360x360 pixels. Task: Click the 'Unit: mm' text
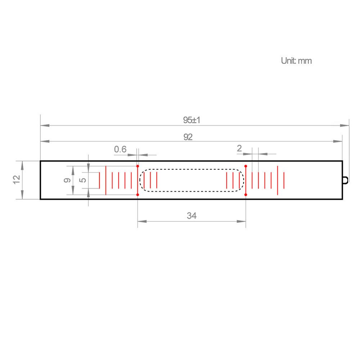coord(296,61)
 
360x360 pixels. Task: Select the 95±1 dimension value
coord(191,120)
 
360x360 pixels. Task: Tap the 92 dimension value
coord(188,137)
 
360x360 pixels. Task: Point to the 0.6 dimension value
coord(120,149)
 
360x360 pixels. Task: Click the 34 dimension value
coord(192,216)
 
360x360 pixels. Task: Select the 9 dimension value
coord(67,180)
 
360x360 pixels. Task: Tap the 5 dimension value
coord(83,180)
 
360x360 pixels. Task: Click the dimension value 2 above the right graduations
coord(239,148)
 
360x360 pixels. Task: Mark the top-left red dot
coord(138,166)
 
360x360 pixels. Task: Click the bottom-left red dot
coord(138,195)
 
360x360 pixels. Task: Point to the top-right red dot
coord(246,166)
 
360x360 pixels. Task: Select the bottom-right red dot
coord(246,195)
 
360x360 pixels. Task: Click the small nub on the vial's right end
coord(346,180)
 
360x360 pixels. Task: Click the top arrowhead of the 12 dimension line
coord(23,165)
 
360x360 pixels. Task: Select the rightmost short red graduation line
coord(284,180)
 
